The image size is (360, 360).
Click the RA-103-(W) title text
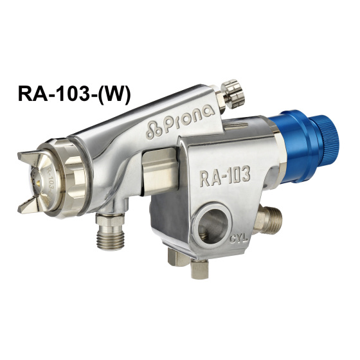click(74, 94)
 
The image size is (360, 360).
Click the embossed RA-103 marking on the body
click(225, 177)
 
